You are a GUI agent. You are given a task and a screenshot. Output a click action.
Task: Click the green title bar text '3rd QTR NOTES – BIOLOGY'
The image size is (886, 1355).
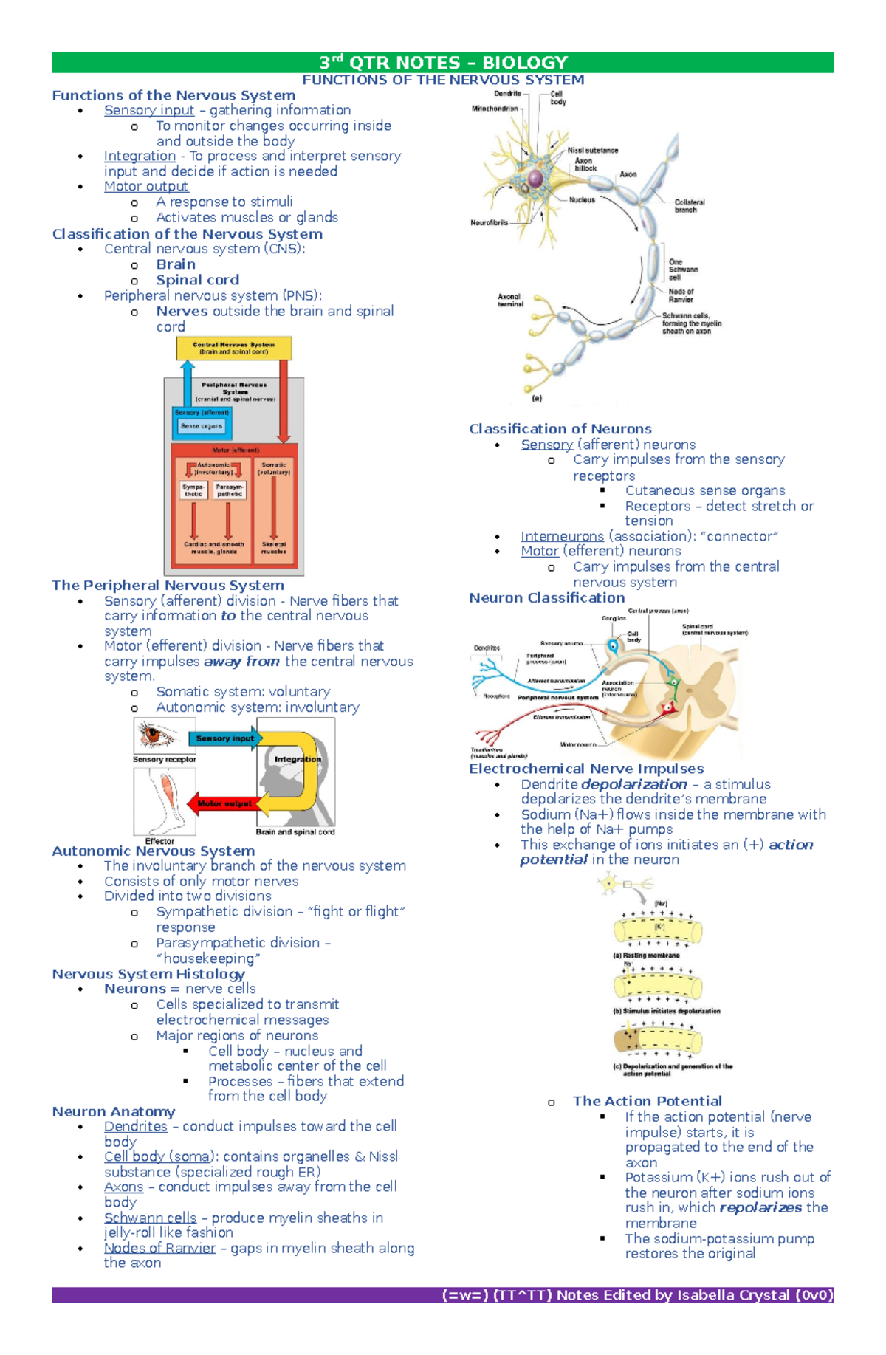443,63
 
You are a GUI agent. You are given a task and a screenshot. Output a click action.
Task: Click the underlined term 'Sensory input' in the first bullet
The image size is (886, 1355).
148,110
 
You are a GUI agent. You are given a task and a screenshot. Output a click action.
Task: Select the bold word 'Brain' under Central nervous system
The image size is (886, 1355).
176,264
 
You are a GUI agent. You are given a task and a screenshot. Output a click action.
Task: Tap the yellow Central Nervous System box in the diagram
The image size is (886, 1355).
233,348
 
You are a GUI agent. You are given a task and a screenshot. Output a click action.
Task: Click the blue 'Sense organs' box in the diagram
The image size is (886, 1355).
201,426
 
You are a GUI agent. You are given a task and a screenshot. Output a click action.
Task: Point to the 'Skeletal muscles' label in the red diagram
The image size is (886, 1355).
273,548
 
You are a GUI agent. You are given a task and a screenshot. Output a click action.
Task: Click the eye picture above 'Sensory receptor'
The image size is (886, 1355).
157,736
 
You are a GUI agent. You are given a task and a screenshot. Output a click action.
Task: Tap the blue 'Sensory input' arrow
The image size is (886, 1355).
224,738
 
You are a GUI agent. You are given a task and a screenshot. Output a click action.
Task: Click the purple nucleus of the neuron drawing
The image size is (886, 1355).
537,178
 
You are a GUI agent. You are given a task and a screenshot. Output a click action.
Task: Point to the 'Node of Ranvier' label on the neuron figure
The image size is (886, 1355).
681,295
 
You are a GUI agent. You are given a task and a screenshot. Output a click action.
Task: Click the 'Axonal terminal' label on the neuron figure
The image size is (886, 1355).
509,300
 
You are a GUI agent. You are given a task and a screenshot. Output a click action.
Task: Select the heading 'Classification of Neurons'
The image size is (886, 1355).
560,429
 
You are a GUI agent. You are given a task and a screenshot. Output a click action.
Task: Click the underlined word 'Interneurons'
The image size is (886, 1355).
562,536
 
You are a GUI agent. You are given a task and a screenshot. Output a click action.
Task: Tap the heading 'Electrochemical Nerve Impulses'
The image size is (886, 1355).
586,769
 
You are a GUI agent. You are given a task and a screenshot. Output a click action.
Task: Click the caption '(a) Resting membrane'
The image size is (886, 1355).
646,956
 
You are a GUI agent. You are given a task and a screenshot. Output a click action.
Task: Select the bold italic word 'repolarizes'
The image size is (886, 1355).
760,1207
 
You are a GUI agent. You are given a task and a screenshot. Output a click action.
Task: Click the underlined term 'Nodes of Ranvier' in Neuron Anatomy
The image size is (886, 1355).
159,1248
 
